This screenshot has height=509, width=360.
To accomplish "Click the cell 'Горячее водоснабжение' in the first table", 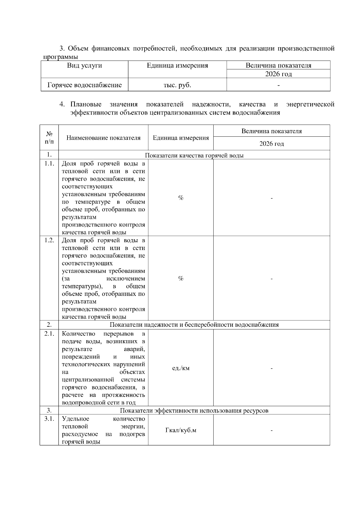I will pos(85,85).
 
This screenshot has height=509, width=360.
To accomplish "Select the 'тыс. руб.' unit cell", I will pos(177,85).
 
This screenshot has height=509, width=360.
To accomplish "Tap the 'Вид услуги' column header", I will pos(85,66).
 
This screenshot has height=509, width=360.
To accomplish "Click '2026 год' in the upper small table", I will pos(278,74).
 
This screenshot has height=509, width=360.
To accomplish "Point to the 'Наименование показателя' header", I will pos(103,138).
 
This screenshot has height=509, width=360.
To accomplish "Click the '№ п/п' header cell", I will pos(49,138).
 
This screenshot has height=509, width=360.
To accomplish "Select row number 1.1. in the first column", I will pos(49,164).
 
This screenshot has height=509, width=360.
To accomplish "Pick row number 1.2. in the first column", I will pos(49,240).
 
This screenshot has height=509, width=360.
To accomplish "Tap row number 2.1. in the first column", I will pos(49,334).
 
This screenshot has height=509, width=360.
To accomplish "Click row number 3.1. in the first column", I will pos(49,419).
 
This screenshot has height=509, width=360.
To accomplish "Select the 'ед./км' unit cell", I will pos(181,368).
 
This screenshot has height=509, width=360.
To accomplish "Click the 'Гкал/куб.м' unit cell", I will pos(181,430).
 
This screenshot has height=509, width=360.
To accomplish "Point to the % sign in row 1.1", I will pos(181,198).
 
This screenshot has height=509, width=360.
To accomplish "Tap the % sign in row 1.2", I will pos(181,278).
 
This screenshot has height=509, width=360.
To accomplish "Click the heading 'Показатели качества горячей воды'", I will pos(194,155).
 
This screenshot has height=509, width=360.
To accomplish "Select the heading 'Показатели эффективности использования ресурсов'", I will pos(194,411).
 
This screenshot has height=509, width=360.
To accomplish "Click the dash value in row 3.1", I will pos(271,431).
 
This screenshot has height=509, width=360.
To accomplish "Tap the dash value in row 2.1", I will pos(271,368).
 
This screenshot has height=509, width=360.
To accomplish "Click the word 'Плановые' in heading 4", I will pos(86,104).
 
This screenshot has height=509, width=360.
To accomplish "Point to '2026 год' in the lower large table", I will pos(271,144).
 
